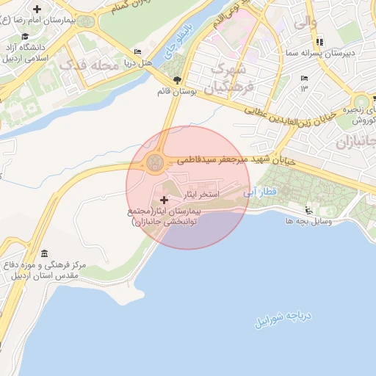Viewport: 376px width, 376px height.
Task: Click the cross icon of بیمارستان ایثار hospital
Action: point(163,200)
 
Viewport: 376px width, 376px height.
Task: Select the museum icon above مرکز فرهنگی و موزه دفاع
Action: point(44,253)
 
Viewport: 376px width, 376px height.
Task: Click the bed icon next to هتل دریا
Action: point(138,52)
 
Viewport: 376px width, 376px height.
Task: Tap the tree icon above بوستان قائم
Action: point(176,80)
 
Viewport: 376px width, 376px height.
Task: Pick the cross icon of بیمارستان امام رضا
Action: point(37,9)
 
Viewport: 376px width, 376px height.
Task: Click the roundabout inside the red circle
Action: point(155,162)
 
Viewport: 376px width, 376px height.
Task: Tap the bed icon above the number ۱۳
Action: point(304,78)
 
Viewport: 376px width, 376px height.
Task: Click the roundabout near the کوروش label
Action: point(361,102)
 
